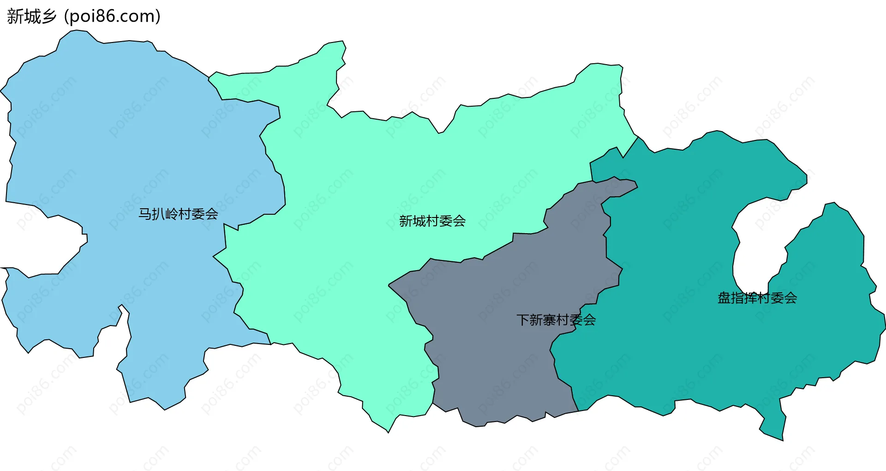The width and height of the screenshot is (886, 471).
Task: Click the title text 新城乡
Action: pos(31,17)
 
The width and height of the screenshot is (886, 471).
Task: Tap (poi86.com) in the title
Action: pos(112,17)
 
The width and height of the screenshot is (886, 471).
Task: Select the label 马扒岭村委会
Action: pos(178,214)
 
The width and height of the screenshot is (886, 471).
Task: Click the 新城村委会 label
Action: pos(432,221)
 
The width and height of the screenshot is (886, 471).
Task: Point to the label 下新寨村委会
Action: pos(556,320)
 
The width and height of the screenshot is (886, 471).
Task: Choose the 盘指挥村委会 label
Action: pos(757,298)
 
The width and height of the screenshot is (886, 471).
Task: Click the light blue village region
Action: pos(115,139)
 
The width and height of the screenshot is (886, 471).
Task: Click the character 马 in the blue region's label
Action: pos(145,214)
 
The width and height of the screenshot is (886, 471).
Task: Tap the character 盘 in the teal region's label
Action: pos(724,298)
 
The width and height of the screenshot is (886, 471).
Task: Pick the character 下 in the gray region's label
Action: pos(523,320)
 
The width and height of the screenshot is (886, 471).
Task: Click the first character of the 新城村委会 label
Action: pos(406,221)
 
